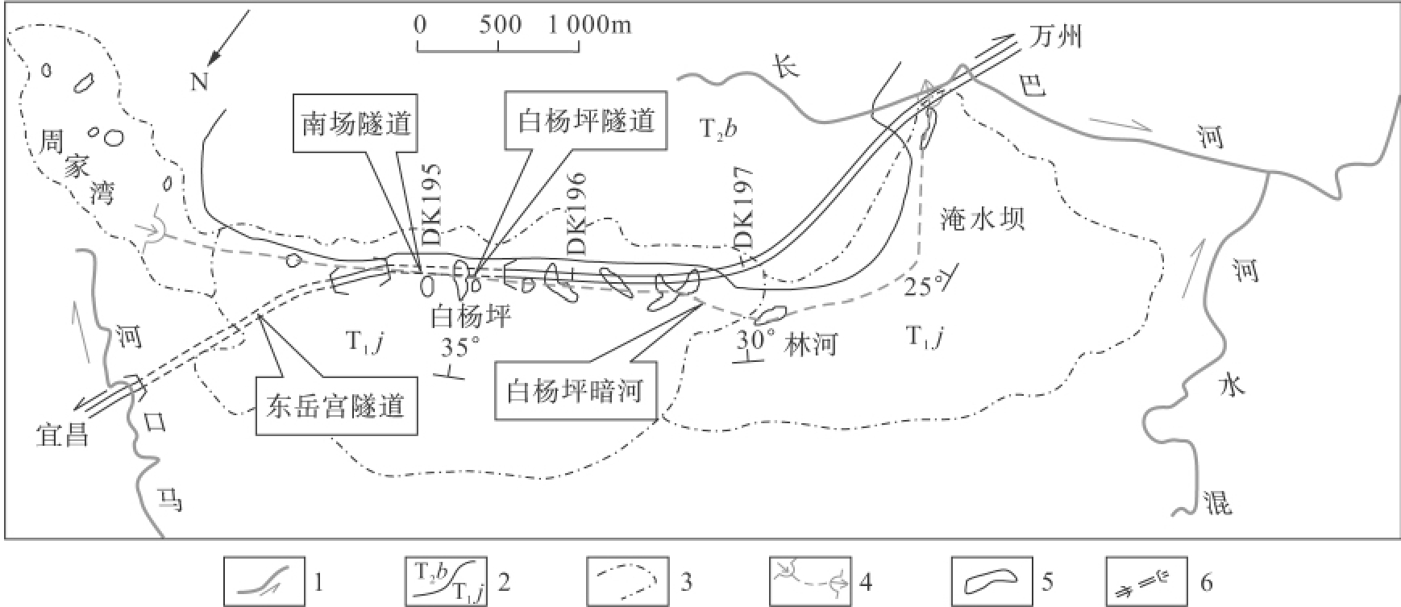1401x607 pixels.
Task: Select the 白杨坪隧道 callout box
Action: pyautogui.click(x=586, y=121)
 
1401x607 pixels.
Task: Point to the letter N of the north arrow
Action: pyautogui.click(x=200, y=81)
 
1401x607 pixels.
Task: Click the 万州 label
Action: pyautogui.click(x=1056, y=37)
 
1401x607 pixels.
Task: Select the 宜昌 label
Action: pyautogui.click(x=61, y=435)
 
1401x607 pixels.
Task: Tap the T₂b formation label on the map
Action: pyautogui.click(x=717, y=128)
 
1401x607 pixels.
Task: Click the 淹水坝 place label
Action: pyautogui.click(x=982, y=219)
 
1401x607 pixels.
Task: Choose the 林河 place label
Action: pyautogui.click(x=813, y=344)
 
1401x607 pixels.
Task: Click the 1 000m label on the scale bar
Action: pyautogui.click(x=591, y=24)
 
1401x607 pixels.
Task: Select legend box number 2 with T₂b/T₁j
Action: pyautogui.click(x=444, y=580)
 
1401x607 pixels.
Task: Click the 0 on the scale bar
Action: pyautogui.click(x=419, y=24)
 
